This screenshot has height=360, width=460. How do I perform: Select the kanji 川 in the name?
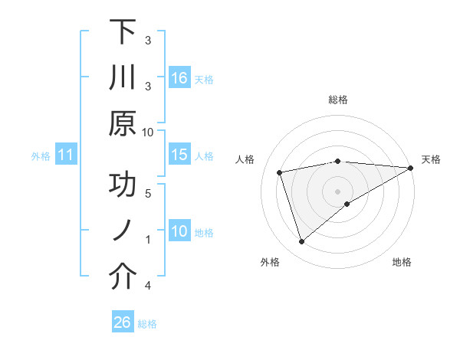pyautogui.click(x=122, y=79)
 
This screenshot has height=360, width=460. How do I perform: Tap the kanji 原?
pyautogui.click(x=122, y=124)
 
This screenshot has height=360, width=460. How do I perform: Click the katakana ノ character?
pyautogui.click(x=122, y=232)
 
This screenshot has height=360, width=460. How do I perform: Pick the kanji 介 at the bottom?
pyautogui.click(x=122, y=277)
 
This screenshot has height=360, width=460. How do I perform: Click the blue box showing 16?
pyautogui.click(x=179, y=78)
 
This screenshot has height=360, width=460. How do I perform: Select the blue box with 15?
pyautogui.click(x=179, y=155)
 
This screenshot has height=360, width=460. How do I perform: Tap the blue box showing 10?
pyautogui.click(x=179, y=232)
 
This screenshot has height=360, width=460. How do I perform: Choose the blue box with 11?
pyautogui.click(x=66, y=156)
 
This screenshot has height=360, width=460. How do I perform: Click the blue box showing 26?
pyautogui.click(x=122, y=322)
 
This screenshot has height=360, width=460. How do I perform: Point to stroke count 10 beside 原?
pyautogui.click(x=148, y=132)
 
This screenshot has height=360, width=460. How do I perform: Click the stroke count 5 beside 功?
pyautogui.click(x=148, y=193)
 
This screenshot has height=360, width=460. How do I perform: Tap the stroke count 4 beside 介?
pyautogui.click(x=148, y=286)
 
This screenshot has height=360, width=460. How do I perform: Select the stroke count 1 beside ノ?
pyautogui.click(x=148, y=239)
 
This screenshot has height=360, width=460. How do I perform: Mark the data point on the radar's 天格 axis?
pyautogui.click(x=411, y=168)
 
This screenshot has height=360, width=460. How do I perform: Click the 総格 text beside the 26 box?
pyautogui.click(x=147, y=324)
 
